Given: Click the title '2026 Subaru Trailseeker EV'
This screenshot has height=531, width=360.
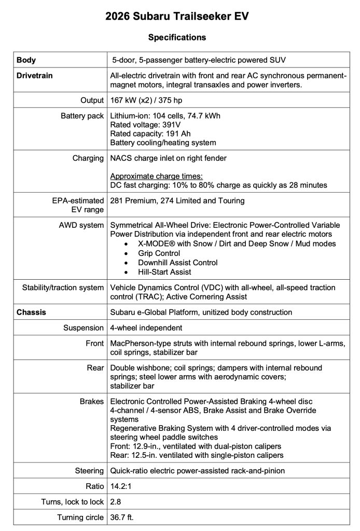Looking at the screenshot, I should tap(177, 17).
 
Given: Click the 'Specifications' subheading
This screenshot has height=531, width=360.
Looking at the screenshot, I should tap(177, 37).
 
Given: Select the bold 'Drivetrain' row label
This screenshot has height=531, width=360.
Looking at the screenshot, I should tap(34, 76).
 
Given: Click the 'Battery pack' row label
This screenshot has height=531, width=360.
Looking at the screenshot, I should tap(82, 116).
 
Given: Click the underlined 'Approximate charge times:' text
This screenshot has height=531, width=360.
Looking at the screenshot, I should tap(157, 176).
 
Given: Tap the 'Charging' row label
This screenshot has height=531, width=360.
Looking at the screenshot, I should tap(88, 158).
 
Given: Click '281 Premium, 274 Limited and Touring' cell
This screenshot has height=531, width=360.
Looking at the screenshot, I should tap(177, 201).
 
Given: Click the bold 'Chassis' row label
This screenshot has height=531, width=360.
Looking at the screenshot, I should tap(31, 312).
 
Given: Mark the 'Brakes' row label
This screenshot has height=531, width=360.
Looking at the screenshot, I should tap(91, 402).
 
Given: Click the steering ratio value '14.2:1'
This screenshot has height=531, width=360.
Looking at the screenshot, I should tap(120, 486).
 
